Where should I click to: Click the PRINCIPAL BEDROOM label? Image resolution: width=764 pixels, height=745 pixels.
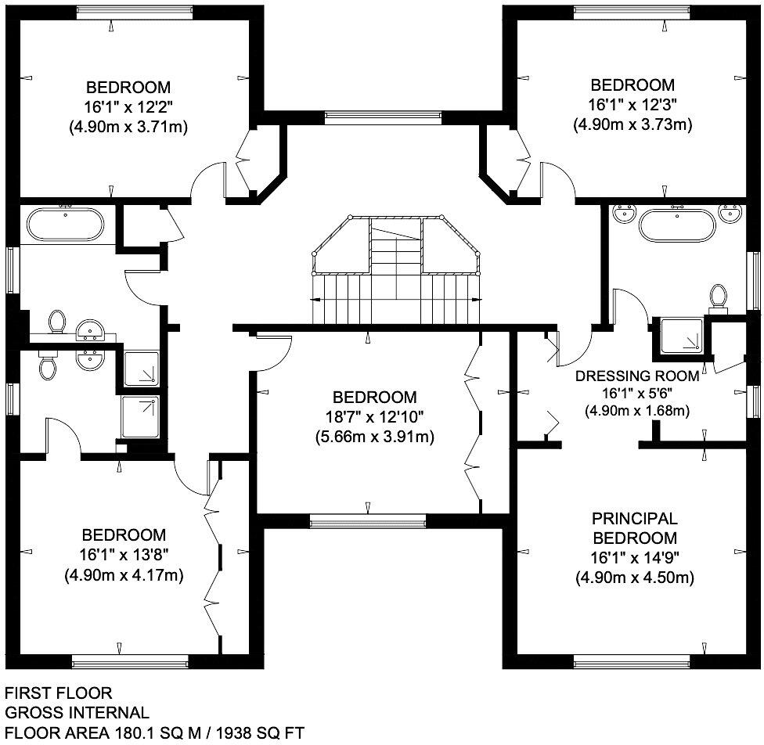634,528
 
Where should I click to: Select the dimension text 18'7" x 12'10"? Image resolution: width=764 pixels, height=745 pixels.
371,416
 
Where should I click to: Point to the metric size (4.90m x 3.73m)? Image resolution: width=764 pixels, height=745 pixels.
632,124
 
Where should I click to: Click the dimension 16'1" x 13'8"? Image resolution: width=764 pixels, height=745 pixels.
124,555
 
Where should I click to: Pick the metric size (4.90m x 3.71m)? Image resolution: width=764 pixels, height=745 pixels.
128,126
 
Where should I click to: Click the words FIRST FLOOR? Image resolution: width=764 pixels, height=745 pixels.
59,693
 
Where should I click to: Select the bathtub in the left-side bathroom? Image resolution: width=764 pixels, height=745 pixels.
65,225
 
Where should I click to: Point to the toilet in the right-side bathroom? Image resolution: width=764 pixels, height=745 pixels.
718,297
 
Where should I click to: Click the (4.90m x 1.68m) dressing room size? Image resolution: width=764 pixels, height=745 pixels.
637,410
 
